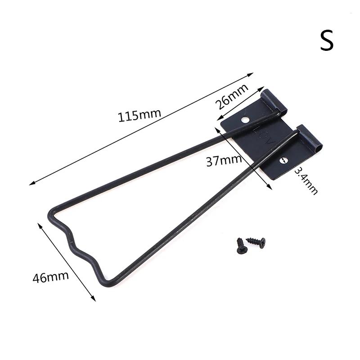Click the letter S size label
coord(327,40)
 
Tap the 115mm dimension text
coord(139,115)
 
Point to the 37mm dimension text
coord(224,161)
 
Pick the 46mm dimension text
coord(50,277)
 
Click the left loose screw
coord(242,246)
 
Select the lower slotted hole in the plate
coord(283,161)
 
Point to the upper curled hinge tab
coord(274,101)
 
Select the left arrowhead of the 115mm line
coord(31,184)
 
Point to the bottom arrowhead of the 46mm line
coord(94,300)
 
